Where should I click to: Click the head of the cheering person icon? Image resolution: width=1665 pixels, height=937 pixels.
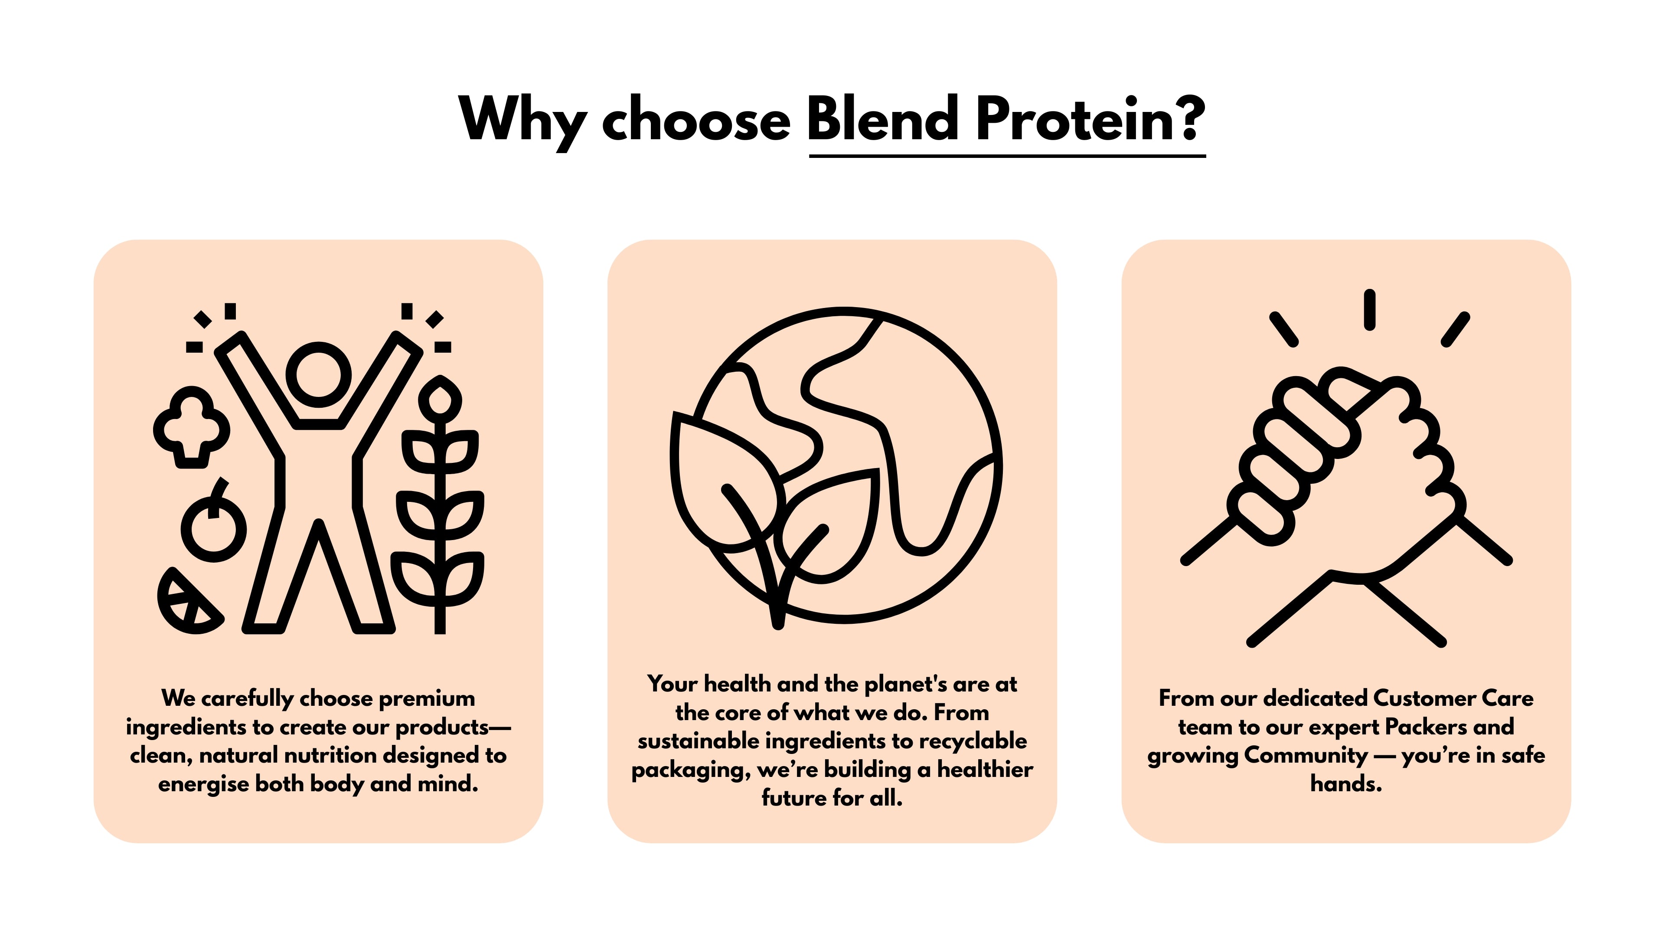point(319,375)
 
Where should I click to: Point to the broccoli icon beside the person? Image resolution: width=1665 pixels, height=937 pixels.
point(191,427)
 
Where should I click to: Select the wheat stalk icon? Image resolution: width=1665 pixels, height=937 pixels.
point(440,505)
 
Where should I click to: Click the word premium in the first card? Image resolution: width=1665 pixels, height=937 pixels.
point(427,699)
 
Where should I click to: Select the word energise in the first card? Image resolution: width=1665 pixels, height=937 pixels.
point(203,784)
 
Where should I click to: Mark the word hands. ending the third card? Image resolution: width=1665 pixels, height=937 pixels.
point(1346,784)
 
